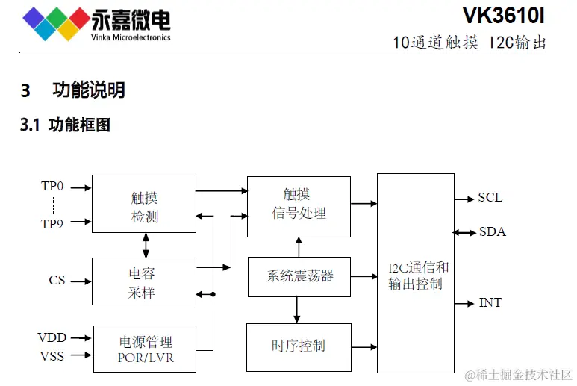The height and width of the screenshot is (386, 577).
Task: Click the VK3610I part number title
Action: (x=504, y=16)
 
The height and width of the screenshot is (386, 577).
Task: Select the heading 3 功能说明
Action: (x=72, y=90)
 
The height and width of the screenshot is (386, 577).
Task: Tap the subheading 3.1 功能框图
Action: (x=65, y=125)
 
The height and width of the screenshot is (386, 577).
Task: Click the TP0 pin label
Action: (x=52, y=186)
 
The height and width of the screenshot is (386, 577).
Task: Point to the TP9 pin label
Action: (x=52, y=222)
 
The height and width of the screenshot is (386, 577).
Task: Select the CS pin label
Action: (x=57, y=281)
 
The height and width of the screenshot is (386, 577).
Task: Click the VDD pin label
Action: (x=52, y=338)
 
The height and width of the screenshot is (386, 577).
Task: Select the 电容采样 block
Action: (x=144, y=281)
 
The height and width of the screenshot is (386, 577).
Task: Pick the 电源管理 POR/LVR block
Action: (x=144, y=349)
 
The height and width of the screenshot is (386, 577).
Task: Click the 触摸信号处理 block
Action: (x=299, y=203)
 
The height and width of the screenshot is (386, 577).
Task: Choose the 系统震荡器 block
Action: (x=299, y=276)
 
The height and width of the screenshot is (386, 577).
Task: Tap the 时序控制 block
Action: (x=299, y=346)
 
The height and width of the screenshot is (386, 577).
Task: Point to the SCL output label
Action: (x=490, y=198)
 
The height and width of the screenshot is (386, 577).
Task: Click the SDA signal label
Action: (x=492, y=232)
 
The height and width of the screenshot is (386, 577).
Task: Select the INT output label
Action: (x=490, y=303)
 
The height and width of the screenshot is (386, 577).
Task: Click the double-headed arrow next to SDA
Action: (x=464, y=232)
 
